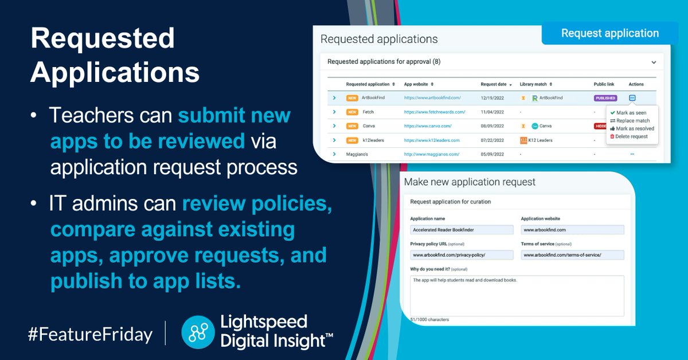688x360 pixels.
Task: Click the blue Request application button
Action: [609, 33]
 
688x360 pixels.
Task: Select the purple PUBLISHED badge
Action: [605, 98]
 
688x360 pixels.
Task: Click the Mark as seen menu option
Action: [631, 113]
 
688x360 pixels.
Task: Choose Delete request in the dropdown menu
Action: [631, 136]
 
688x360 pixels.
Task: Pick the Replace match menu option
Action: [633, 121]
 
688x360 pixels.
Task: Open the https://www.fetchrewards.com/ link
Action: [434, 112]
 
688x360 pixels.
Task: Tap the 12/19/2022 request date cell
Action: [492, 98]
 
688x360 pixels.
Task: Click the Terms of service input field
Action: [572, 255]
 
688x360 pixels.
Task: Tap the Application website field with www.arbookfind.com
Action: [572, 230]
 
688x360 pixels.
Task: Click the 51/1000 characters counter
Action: [429, 319]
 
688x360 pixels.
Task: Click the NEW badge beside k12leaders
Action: [352, 140]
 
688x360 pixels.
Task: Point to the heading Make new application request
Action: [470, 182]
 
